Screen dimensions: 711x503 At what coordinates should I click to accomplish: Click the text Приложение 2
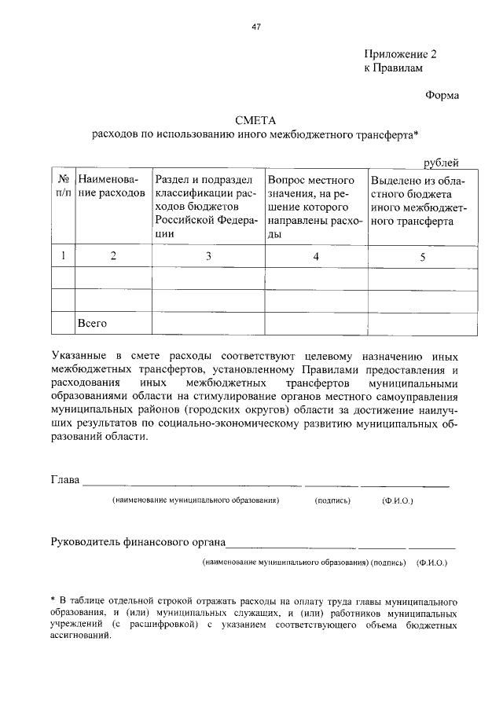point(399,54)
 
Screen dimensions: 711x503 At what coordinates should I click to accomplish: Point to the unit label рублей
point(440,163)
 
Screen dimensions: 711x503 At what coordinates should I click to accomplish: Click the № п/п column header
point(62,186)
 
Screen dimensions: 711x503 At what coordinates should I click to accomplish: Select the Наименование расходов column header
point(111,186)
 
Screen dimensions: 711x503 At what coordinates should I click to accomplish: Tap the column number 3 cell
point(208,255)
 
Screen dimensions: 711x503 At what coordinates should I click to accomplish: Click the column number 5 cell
point(422,255)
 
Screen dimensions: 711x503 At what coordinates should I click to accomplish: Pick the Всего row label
point(92,323)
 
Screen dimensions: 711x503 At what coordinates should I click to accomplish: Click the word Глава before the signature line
point(65,480)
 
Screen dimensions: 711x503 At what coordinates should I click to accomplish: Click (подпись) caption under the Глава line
point(332,500)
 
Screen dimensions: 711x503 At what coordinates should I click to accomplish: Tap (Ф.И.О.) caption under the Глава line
point(398,500)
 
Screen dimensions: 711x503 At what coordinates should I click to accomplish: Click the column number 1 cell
point(62,255)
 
